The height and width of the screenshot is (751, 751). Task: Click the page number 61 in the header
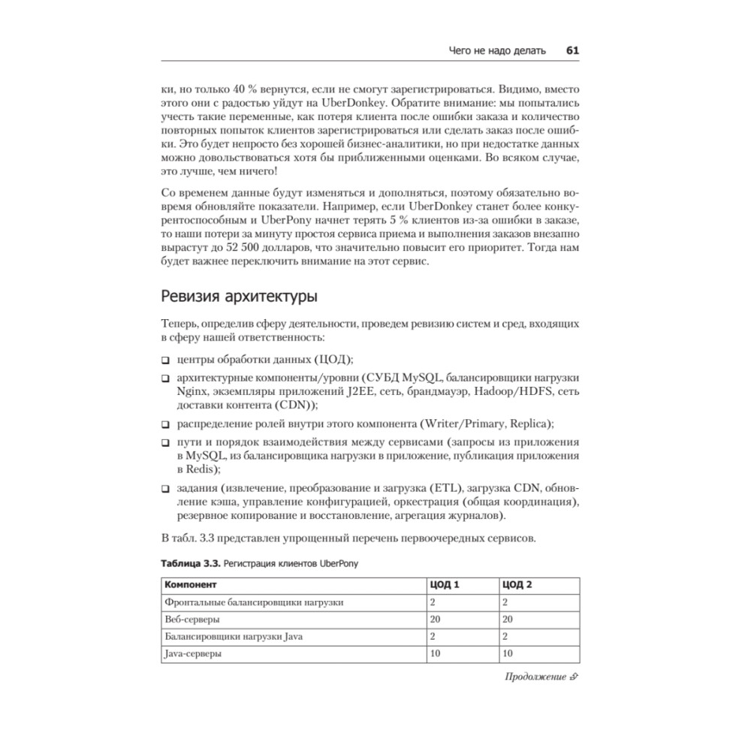click(x=572, y=51)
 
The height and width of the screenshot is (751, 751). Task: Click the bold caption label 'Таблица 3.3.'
click(x=190, y=563)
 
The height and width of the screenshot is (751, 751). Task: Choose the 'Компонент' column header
click(x=191, y=584)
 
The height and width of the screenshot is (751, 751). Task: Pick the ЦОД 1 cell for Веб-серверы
click(x=436, y=620)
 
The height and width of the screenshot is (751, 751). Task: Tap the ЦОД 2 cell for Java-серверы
click(x=508, y=654)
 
